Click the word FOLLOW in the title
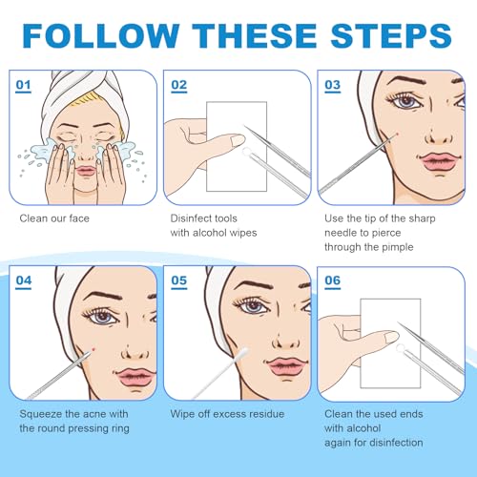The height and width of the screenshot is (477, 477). pyautogui.click(x=101, y=35)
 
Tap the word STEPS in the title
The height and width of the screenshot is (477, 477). pyautogui.click(x=391, y=35)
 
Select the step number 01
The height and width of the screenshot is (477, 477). pyautogui.click(x=24, y=85)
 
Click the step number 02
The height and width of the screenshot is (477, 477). pyautogui.click(x=179, y=85)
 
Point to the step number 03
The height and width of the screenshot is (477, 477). pyautogui.click(x=333, y=85)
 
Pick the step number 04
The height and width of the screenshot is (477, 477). pyautogui.click(x=24, y=280)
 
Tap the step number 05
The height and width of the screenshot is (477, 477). pyautogui.click(x=179, y=280)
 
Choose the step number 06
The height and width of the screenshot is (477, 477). pyautogui.click(x=333, y=280)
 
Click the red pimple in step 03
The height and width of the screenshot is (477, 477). pyautogui.click(x=396, y=135)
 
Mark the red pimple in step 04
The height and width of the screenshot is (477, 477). pyautogui.click(x=93, y=349)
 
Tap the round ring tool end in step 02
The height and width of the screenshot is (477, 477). pyautogui.click(x=246, y=152)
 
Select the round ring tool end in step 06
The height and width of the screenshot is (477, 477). pyautogui.click(x=400, y=347)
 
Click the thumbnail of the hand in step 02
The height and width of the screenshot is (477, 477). pyautogui.click(x=238, y=140)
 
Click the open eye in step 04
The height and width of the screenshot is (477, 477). pyautogui.click(x=102, y=317)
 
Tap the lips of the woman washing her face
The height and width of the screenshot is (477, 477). pyautogui.click(x=85, y=171)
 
